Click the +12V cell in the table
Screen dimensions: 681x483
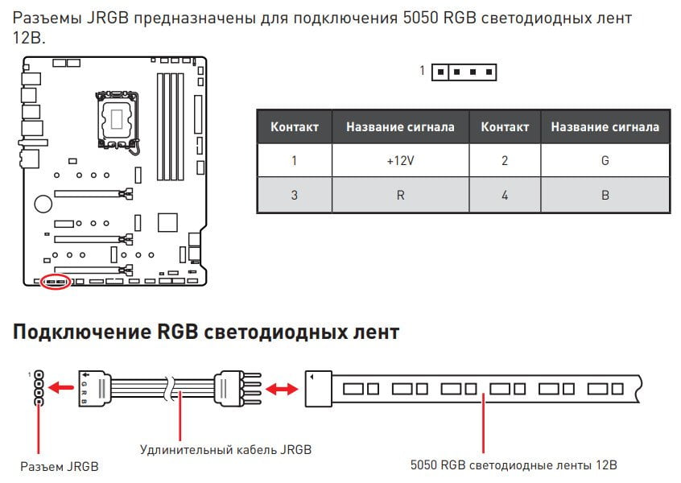coord(400,161)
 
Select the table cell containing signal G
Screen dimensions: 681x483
coord(605,161)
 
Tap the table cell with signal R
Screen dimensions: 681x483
coord(400,195)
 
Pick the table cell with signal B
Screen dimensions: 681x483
coord(605,195)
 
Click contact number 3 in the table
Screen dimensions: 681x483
coord(295,195)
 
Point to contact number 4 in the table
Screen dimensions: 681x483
coord(505,195)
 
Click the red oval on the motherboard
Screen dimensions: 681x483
coord(56,282)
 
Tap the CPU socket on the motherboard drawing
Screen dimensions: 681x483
coord(118,119)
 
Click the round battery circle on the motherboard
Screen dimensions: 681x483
coord(43,204)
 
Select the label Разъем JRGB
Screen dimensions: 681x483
coord(60,466)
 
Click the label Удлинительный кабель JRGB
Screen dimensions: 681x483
coord(226,449)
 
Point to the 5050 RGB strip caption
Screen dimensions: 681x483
coord(514,465)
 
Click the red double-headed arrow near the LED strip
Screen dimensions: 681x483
coord(282,389)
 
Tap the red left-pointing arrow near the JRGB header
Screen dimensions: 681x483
coord(60,387)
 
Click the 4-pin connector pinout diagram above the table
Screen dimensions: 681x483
coord(464,72)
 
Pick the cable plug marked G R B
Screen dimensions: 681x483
coord(95,388)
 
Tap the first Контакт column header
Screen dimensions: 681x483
coord(295,127)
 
